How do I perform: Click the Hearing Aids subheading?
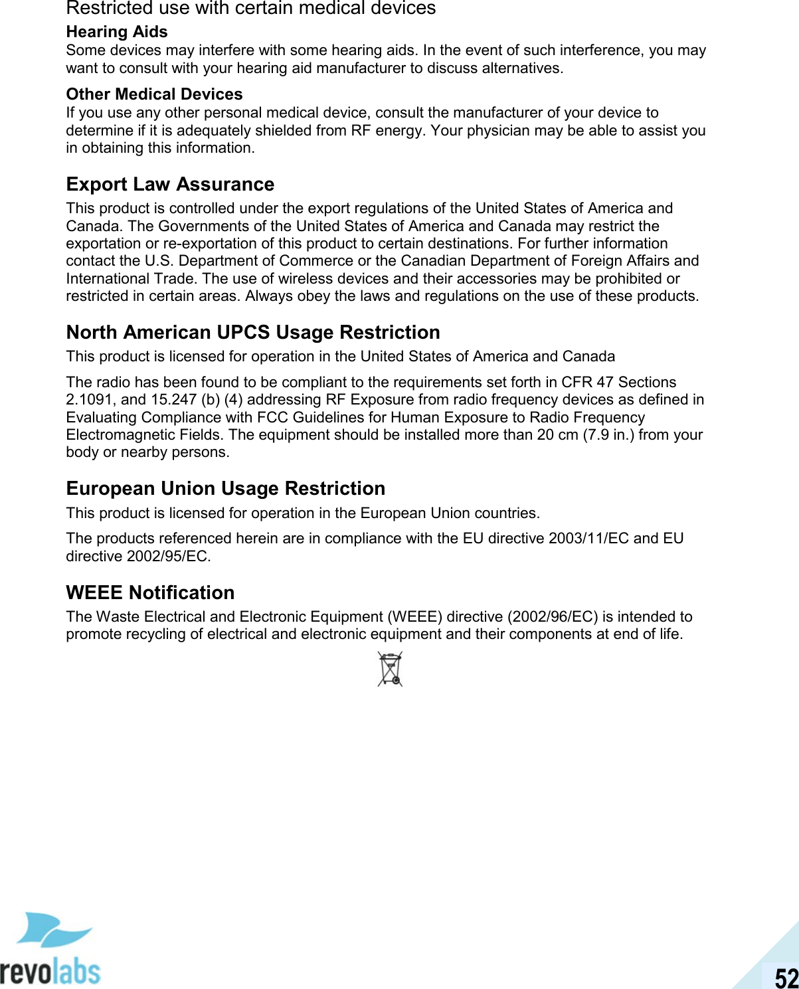pos(117,32)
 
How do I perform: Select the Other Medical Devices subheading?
pos(154,94)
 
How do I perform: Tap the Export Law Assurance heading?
pos(170,184)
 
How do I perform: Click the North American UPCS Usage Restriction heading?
pos(253,332)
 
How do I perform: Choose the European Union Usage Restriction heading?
pos(225,488)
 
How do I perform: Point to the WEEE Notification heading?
pos(150,592)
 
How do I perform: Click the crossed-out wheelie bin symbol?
pos(391,669)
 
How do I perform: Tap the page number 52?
pos(786,978)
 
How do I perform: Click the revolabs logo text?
pos(50,971)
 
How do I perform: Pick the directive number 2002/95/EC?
pos(169,557)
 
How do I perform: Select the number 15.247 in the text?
pos(172,400)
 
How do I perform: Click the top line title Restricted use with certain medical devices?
pos(251,9)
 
